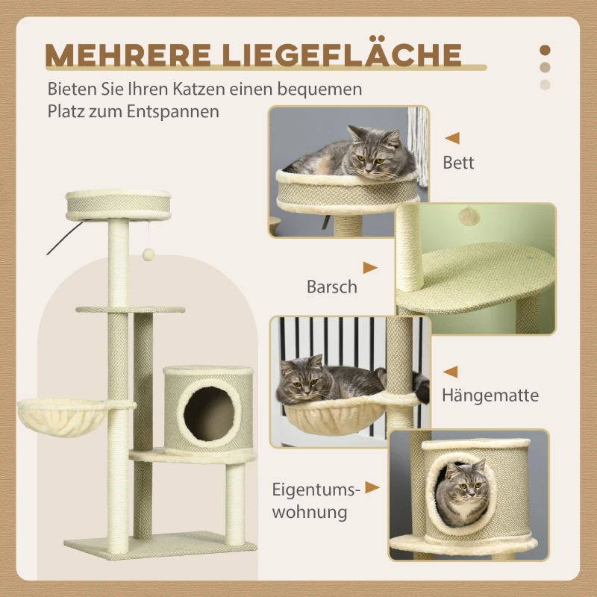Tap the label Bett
[458, 162]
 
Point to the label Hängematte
[490, 396]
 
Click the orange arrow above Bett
[452, 138]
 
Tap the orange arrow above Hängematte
[451, 371]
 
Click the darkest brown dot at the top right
[545, 51]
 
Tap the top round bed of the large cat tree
[119, 204]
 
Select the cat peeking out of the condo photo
[460, 484]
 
